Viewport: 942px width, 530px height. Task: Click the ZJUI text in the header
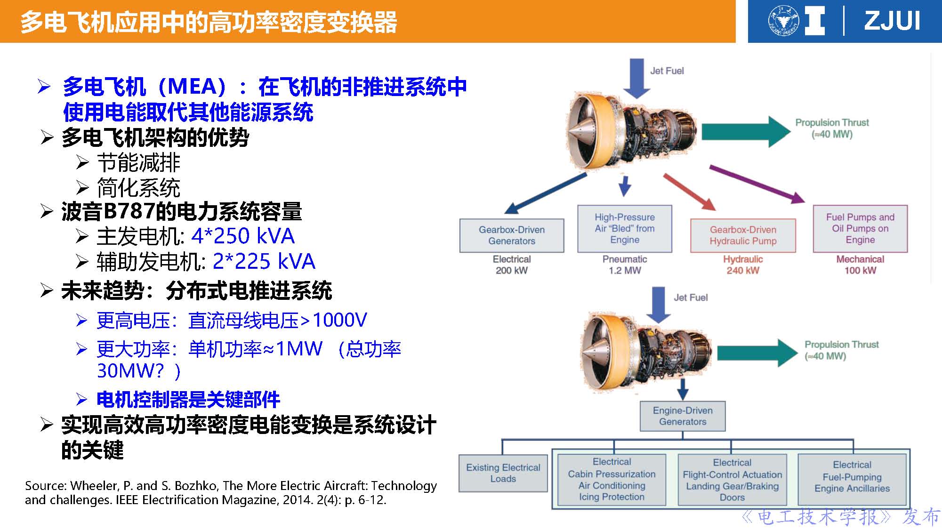(892, 21)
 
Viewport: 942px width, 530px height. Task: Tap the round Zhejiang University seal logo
(784, 21)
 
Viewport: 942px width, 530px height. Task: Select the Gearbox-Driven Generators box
(512, 235)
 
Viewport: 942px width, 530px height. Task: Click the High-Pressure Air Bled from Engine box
(625, 228)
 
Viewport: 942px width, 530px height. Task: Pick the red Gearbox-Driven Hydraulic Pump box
(743, 235)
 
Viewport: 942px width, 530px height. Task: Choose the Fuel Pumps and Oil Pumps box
(860, 228)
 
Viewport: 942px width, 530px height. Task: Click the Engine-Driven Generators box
(683, 416)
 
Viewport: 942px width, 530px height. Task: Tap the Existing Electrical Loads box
(503, 473)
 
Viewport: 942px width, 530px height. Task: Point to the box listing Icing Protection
(612, 480)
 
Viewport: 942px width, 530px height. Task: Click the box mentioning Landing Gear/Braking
(732, 480)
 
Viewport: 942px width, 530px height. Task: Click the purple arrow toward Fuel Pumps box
(757, 184)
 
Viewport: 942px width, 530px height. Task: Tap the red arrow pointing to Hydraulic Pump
(690, 192)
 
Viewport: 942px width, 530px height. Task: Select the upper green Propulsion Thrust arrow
(746, 132)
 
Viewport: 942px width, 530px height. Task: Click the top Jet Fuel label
(667, 71)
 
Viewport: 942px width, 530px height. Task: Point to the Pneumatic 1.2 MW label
(625, 265)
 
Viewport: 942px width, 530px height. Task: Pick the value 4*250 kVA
(243, 236)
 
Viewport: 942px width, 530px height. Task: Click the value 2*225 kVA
(264, 261)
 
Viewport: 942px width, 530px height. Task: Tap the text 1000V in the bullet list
(339, 320)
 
